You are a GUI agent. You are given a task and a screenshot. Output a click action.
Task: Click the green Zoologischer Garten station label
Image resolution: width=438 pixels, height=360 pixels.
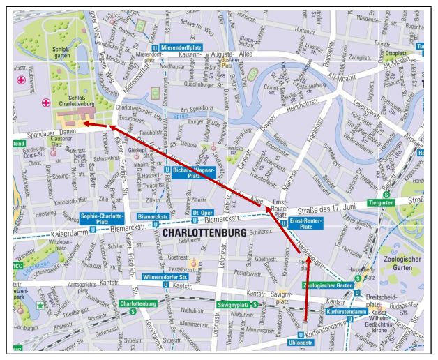click(x=327, y=285)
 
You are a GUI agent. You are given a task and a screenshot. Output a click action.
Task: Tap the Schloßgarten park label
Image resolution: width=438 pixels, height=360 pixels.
click(x=63, y=53)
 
